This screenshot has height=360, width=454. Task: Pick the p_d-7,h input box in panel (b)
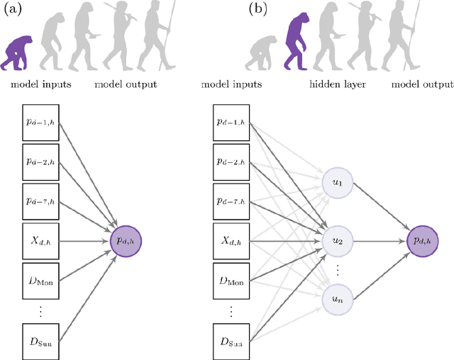[x=231, y=201]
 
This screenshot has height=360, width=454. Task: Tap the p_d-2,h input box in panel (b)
[x=231, y=160]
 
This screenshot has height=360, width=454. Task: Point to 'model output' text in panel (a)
[x=126, y=84]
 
